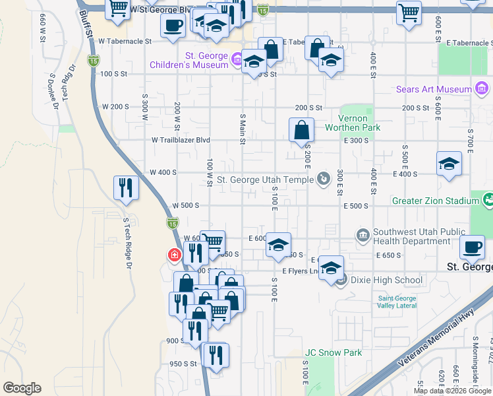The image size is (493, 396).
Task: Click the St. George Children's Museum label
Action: [188, 61]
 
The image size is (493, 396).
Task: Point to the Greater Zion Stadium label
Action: [435, 201]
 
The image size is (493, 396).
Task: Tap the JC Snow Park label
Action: [333, 352]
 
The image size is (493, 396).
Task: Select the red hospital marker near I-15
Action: [174, 254]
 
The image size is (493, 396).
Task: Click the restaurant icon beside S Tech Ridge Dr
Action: [126, 188]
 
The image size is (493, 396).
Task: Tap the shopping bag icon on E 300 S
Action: [301, 130]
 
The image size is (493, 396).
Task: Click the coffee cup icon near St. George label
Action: [472, 247]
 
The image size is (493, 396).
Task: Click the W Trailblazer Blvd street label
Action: [181, 140]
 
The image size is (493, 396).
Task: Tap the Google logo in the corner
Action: [22, 388]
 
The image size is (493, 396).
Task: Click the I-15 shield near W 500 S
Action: [171, 223]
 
